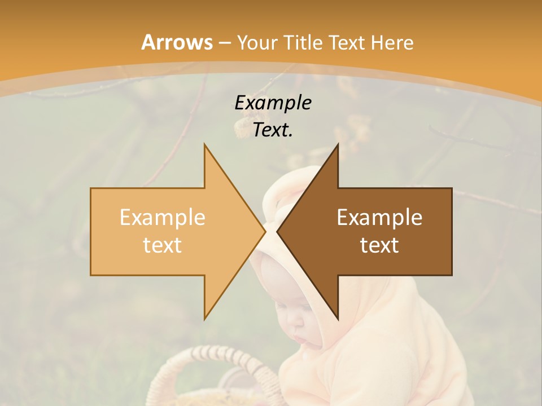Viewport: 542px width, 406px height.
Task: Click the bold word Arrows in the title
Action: [177, 42]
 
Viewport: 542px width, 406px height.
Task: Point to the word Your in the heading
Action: [257, 43]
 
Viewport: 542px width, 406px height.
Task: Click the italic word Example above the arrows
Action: [273, 103]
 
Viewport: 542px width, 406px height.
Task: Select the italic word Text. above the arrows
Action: [273, 130]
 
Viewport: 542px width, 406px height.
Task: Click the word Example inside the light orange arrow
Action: [163, 218]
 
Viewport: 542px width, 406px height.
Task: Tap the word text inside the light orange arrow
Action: [163, 245]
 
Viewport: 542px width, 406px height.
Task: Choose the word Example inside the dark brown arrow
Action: [379, 218]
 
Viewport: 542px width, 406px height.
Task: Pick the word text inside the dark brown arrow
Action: [379, 245]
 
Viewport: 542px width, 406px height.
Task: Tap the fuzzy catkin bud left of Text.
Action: [242, 127]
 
